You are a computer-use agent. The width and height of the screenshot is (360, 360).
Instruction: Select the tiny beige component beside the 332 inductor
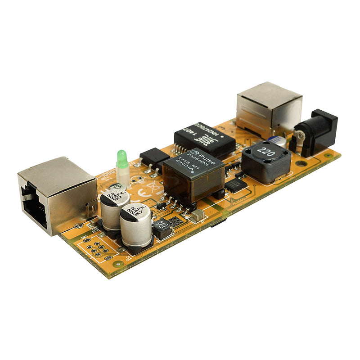click(x=196, y=216)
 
